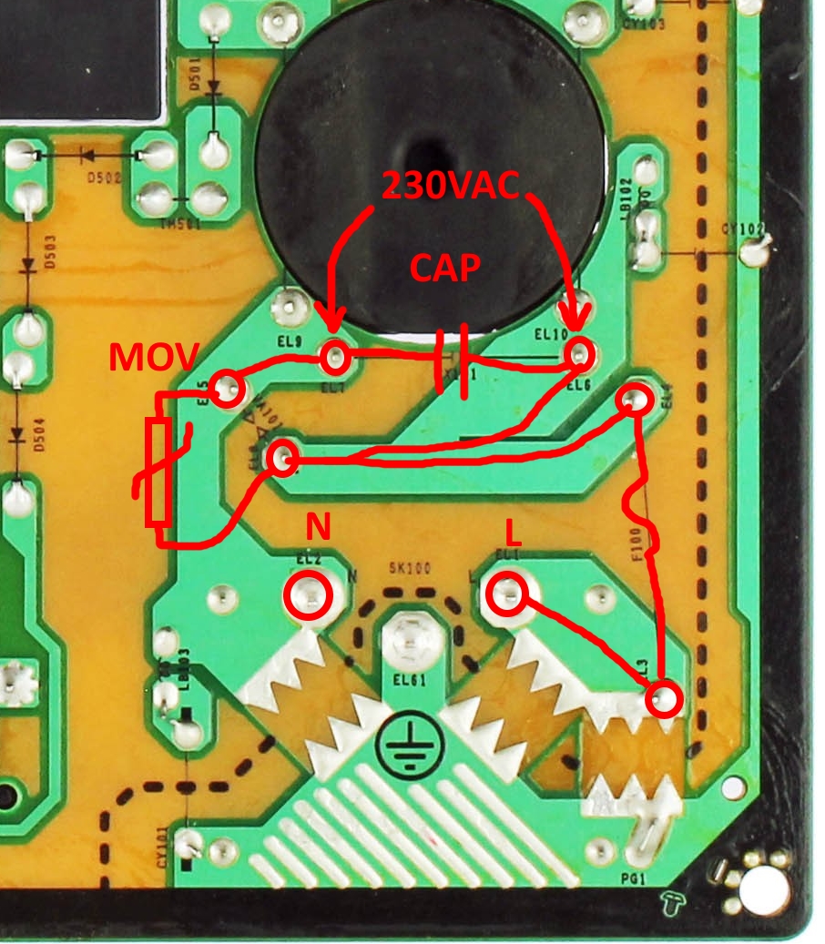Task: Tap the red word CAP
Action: click(x=445, y=269)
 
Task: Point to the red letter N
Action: click(x=317, y=525)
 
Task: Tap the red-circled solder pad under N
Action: click(x=308, y=595)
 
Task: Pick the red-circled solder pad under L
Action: click(x=506, y=595)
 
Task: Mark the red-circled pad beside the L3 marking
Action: click(x=665, y=699)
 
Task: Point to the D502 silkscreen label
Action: click(x=104, y=178)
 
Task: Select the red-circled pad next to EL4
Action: click(x=635, y=399)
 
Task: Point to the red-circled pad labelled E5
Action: click(x=229, y=390)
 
